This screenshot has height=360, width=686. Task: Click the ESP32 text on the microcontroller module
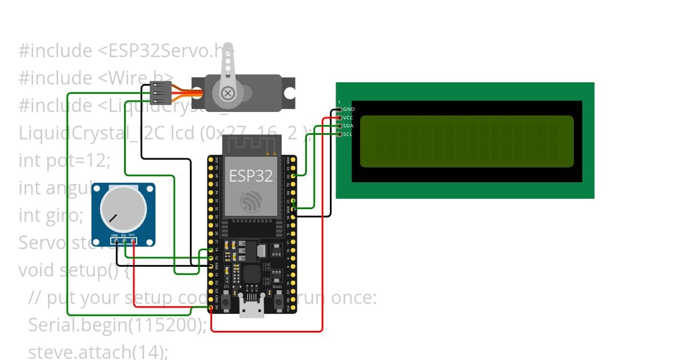[x=251, y=175]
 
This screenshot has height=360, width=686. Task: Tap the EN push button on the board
[x=226, y=301]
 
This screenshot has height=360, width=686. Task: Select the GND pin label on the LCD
[x=348, y=109]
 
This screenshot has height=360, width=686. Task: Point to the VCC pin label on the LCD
[x=348, y=117]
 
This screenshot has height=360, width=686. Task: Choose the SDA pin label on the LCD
[x=348, y=126]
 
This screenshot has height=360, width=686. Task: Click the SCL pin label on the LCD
[x=348, y=134]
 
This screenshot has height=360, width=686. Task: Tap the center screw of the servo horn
[x=228, y=93]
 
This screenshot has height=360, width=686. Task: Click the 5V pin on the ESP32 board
[x=211, y=309]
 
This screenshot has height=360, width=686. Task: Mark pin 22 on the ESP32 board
[x=293, y=177]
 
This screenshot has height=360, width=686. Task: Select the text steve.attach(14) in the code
[x=98, y=351]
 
